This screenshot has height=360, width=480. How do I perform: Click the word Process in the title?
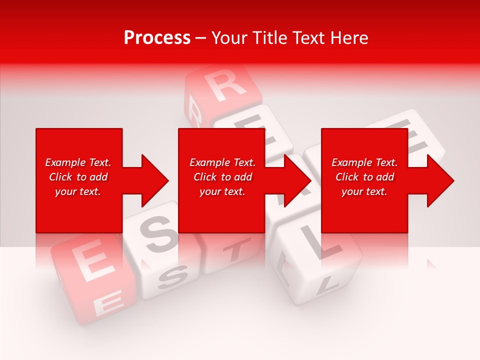point(157,38)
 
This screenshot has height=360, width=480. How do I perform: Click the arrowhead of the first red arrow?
point(154,180)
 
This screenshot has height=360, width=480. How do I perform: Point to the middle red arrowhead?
point(297,180)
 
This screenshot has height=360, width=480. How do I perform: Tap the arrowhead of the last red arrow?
point(440,180)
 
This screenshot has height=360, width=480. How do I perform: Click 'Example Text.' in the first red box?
point(78,162)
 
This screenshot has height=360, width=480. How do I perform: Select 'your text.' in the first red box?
point(78,191)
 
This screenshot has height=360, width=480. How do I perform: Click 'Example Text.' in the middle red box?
point(222,162)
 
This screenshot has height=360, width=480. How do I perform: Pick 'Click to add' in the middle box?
point(222,177)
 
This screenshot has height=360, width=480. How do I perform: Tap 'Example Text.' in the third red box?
point(364,162)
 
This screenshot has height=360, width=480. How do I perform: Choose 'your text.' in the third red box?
point(364,191)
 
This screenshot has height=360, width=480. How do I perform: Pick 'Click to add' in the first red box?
point(78,177)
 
